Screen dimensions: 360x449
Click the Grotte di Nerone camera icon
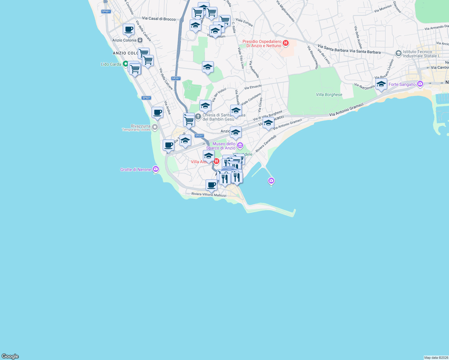[x=155, y=169]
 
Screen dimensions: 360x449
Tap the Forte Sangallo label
[x=402, y=84]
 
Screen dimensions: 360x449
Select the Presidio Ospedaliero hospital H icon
[x=286, y=43]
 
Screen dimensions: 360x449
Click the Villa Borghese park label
[x=329, y=94]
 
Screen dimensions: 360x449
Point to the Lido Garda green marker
[x=125, y=64]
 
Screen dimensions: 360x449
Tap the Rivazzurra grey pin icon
[x=155, y=127]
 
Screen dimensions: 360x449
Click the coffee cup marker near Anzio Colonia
[x=128, y=29]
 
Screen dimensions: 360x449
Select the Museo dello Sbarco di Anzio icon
[x=240, y=146]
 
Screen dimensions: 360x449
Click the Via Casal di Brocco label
[x=159, y=19]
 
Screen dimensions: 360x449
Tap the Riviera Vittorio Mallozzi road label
[x=209, y=194]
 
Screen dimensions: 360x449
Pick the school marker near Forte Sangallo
[x=381, y=84]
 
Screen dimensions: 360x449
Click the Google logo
[x=10, y=356]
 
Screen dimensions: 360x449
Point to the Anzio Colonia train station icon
[x=140, y=40]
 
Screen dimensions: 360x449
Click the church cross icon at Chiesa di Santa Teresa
[x=198, y=116]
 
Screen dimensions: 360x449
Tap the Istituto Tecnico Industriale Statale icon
[x=398, y=53]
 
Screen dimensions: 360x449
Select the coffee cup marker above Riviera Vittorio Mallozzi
[x=211, y=185]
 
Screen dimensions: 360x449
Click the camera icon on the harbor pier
[x=271, y=181]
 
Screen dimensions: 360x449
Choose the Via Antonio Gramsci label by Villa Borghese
[x=346, y=110]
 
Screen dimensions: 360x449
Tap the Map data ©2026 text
[x=436, y=358]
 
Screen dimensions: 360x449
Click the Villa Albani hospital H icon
[x=216, y=161]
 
